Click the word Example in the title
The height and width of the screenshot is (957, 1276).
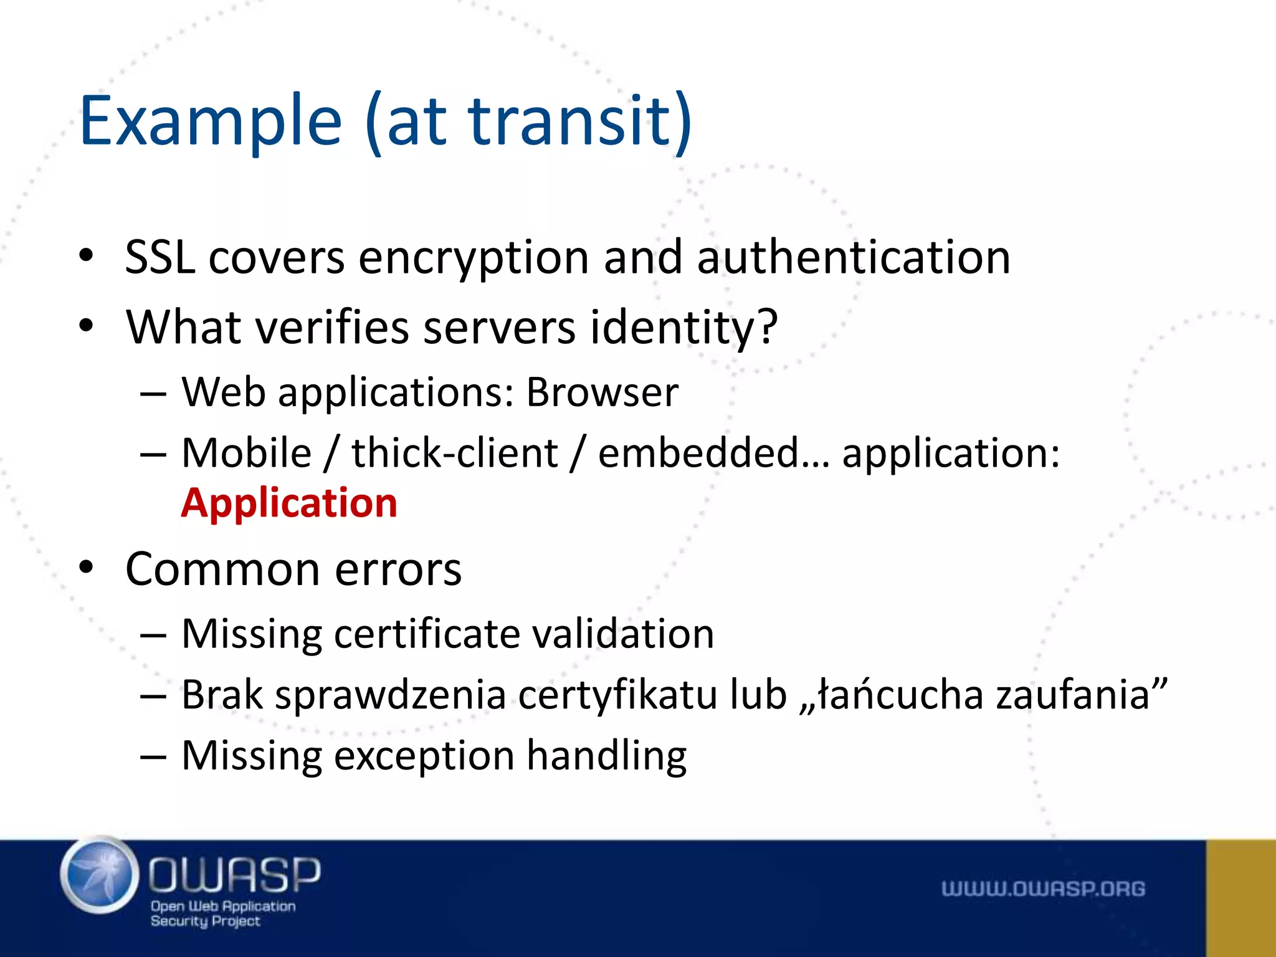pyautogui.click(x=211, y=121)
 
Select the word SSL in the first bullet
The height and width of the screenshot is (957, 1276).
pyautogui.click(x=159, y=257)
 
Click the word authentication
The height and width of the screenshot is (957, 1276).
pyautogui.click(x=854, y=257)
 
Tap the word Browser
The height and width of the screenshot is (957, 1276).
pyautogui.click(x=602, y=393)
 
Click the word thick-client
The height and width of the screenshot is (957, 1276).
pyautogui.click(x=455, y=453)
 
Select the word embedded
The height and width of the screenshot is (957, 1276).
pyautogui.click(x=698, y=453)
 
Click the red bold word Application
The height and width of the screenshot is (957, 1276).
pyautogui.click(x=289, y=503)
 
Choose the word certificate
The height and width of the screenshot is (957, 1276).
pyautogui.click(x=427, y=634)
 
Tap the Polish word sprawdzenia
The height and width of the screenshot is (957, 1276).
pyautogui.click(x=390, y=695)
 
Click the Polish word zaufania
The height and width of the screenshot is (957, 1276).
pyautogui.click(x=1072, y=695)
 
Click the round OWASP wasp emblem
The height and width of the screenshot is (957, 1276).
pyautogui.click(x=100, y=876)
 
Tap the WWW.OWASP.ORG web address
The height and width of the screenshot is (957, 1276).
pyautogui.click(x=1043, y=888)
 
